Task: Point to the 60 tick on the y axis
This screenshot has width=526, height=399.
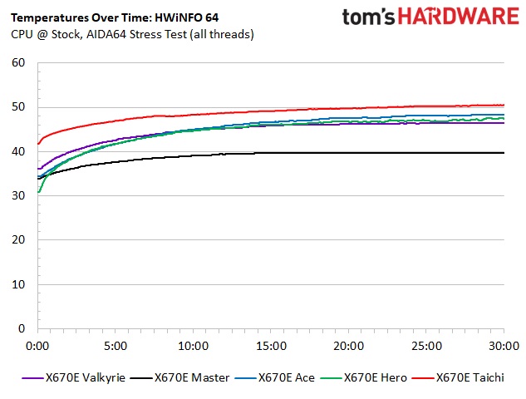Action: click(18, 62)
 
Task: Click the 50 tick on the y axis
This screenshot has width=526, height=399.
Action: click(18, 107)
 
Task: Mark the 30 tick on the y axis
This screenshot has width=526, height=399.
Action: click(18, 195)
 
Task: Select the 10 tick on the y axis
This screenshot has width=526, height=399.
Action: click(18, 284)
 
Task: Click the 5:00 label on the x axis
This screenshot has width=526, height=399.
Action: click(115, 345)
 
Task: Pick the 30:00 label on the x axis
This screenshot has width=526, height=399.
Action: click(504, 345)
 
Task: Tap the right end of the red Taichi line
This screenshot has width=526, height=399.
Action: click(504, 105)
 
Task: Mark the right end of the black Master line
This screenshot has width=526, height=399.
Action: click(504, 153)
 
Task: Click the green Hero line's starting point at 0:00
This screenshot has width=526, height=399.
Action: click(38, 192)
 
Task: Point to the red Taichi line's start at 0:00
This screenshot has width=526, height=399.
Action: click(38, 144)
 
